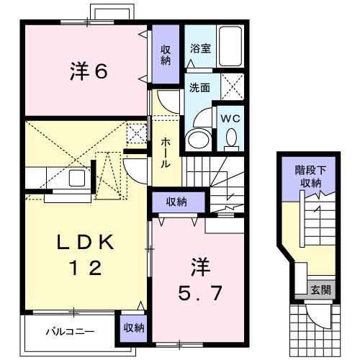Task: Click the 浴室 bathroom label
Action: point(200,48)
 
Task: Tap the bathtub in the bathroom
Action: point(230,46)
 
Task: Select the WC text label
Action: point(230,118)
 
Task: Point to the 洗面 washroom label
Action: point(199,88)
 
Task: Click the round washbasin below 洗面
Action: point(198,140)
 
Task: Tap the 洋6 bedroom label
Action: point(89,71)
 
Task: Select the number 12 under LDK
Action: point(86,268)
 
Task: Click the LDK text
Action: point(85,242)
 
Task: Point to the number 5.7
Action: point(200,293)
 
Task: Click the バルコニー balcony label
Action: point(70,332)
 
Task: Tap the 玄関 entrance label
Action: point(320,290)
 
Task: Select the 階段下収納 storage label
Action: point(311,177)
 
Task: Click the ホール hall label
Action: point(166,153)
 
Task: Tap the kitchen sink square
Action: point(77,178)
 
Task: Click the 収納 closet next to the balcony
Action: point(134,328)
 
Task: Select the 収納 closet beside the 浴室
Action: point(166,54)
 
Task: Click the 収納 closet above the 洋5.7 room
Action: point(179,202)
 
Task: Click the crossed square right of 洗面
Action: point(233,86)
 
